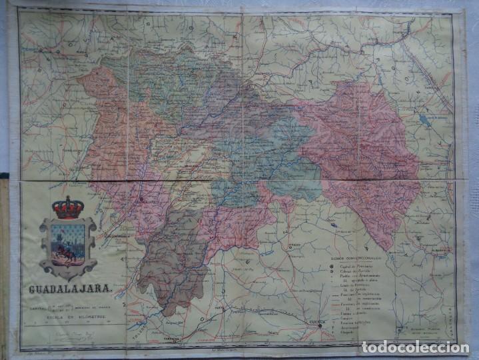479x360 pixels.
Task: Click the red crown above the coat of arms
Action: click(x=68, y=207)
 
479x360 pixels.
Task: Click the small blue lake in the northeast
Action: click(x=424, y=121)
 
